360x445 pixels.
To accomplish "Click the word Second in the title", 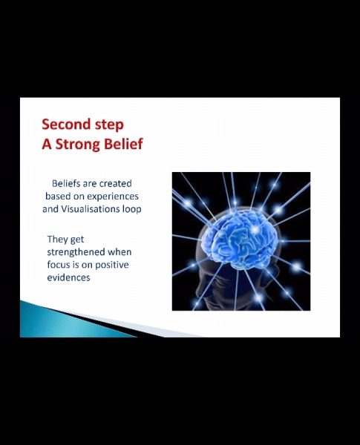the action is pos(66,124).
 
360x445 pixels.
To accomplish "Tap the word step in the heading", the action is pos(109,125).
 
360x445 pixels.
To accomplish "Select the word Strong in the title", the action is pos(78,145).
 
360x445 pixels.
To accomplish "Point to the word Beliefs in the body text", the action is pos(66,183).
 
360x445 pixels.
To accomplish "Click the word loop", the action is pos(132,210).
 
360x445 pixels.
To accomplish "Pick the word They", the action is pos(57,240).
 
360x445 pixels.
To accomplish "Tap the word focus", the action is pos(58,265).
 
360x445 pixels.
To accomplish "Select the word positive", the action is pos(111,265).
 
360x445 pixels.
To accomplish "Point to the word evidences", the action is pos(68,277).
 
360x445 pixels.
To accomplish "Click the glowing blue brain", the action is pos(240,238).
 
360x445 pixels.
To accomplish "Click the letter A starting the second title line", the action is pos(47,144).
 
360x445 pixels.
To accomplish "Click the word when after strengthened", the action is pos(120,251).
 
